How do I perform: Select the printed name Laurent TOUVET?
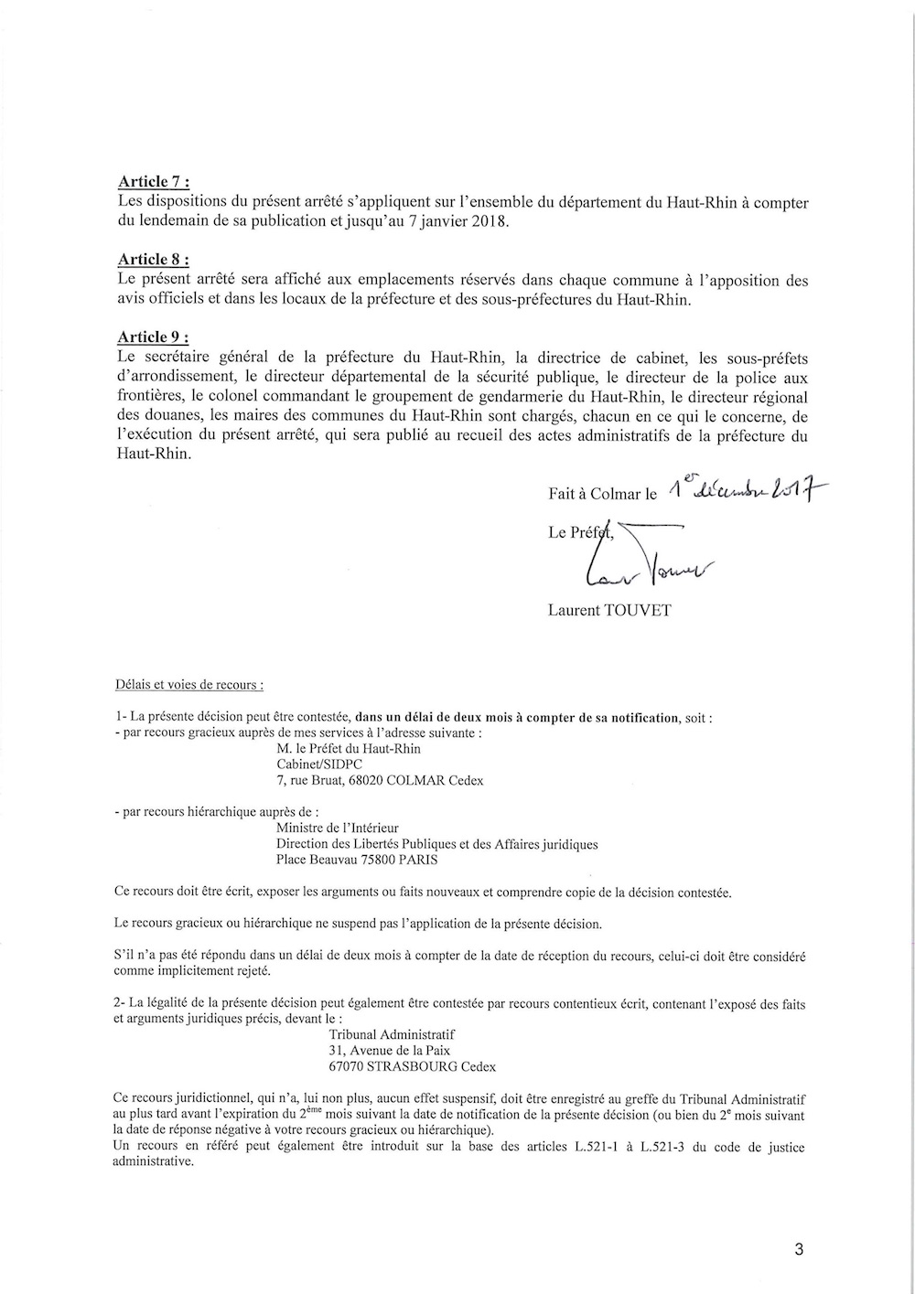click(609, 610)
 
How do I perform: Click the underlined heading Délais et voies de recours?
click(189, 684)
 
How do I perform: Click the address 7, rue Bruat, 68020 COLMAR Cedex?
click(380, 781)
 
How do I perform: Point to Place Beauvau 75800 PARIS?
click(356, 860)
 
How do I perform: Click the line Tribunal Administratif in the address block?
click(391, 1034)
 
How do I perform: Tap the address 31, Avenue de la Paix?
click(389, 1051)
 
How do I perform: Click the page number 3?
click(799, 1250)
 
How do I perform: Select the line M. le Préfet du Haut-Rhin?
click(348, 748)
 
